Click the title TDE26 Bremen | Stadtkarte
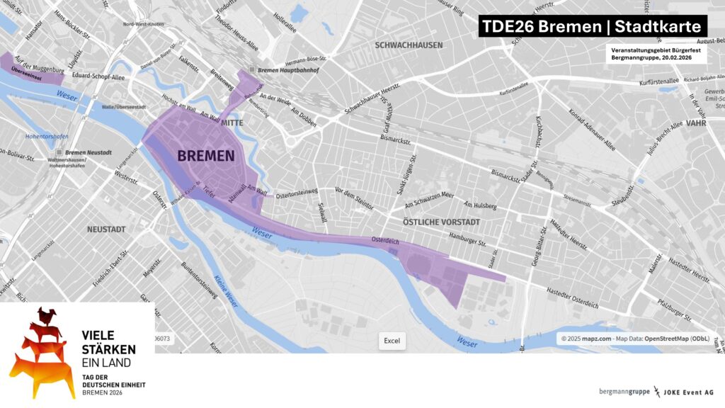coord(592,27)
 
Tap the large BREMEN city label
coord(205,155)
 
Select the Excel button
coord(392,341)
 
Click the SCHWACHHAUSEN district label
coord(409,45)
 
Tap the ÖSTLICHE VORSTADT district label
coord(440,222)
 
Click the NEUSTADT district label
coord(106,229)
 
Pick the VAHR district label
coord(697,123)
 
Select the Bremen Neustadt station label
coord(89,152)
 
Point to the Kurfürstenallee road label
coord(644,82)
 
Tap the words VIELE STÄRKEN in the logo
coord(108,341)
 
